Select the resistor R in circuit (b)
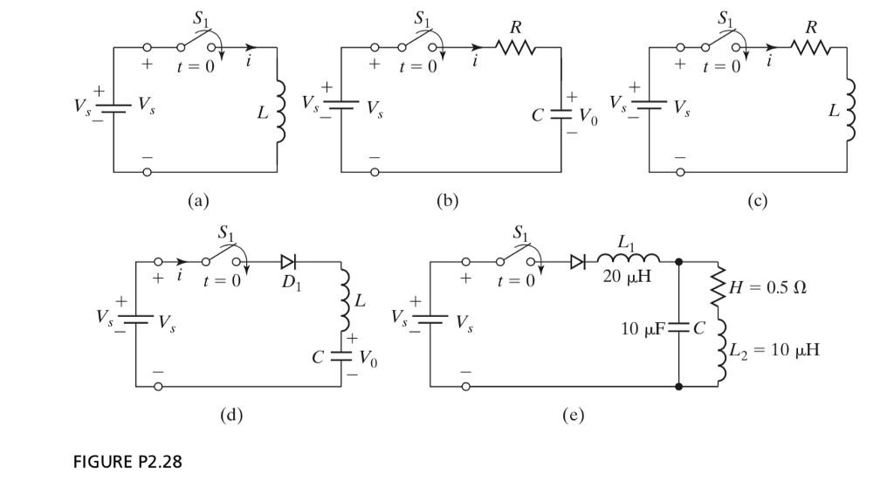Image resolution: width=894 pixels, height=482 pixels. click(515, 49)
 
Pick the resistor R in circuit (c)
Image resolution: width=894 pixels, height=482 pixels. click(809, 49)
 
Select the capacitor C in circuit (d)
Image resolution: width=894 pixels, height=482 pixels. click(343, 356)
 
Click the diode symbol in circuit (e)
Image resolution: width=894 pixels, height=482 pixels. click(576, 260)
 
